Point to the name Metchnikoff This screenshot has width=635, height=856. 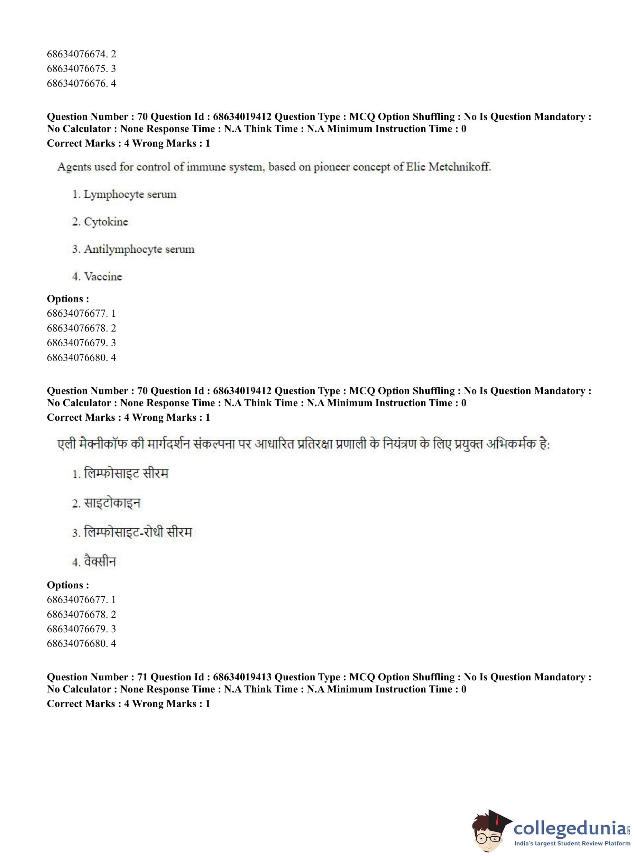point(459,167)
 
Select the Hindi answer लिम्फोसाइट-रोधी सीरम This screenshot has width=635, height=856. point(137,532)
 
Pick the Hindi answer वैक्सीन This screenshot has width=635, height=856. point(100,562)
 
